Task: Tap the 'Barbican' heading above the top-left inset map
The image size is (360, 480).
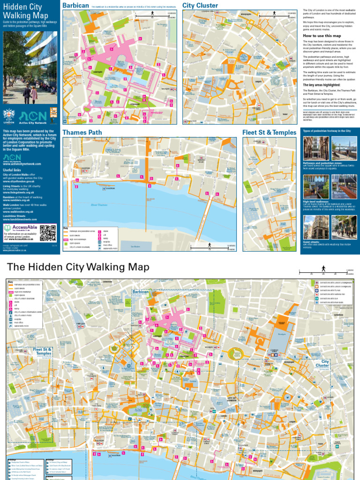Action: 75,6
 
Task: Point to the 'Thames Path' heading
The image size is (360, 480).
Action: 82,133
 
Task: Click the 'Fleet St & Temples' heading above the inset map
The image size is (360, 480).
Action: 269,133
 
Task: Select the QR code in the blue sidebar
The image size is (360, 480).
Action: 48,232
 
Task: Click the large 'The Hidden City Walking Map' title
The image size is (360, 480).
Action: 78,268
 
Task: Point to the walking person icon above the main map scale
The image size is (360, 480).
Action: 323,268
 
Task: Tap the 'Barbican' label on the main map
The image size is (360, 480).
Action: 140,292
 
